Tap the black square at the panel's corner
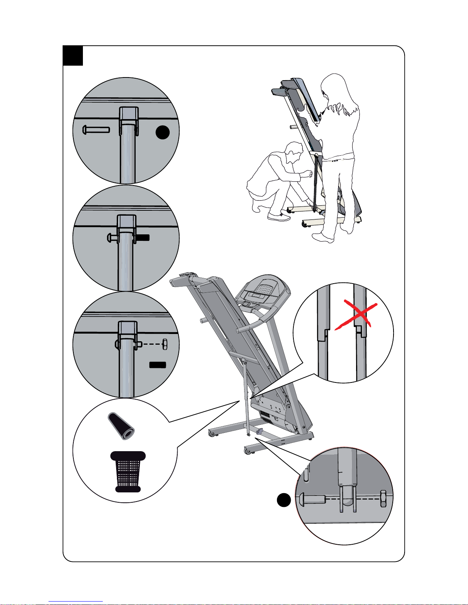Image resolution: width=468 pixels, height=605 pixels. [73, 56]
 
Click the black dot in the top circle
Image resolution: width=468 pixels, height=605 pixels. [163, 132]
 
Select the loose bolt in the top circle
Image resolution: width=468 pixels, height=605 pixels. [96, 130]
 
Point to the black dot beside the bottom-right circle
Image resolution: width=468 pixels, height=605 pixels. [283, 500]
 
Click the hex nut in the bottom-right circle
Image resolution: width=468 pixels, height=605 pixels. [383, 499]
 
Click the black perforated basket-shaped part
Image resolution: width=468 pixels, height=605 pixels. [128, 472]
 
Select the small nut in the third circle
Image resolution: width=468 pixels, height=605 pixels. [165, 344]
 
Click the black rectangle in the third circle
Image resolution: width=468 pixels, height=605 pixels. [157, 365]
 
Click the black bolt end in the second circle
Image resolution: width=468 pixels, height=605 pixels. [143, 237]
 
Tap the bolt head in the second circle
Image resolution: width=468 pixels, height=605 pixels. [110, 237]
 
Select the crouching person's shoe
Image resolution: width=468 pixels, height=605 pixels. [279, 217]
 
